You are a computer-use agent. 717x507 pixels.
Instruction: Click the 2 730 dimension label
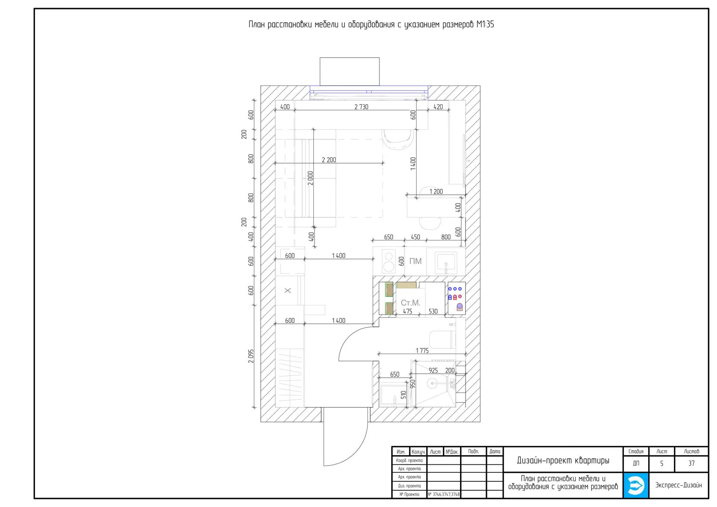(361, 107)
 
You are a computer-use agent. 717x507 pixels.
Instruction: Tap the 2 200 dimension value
(329, 160)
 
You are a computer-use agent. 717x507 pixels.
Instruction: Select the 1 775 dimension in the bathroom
(422, 351)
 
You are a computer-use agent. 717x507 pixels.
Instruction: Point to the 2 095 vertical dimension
(251, 356)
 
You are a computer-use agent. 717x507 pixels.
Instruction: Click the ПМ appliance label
(416, 261)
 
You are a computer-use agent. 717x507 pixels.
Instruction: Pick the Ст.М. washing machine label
(411, 303)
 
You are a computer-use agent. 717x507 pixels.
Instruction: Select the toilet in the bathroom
(442, 340)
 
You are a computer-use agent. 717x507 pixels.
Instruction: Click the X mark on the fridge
(288, 290)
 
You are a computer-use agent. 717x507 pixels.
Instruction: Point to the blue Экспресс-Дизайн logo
(636, 485)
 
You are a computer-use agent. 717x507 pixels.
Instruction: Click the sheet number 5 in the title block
(662, 463)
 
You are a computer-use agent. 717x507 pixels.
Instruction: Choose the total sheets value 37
(691, 463)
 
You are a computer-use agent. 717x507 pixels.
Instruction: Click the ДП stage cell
(636, 463)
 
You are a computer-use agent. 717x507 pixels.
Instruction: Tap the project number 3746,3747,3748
(444, 494)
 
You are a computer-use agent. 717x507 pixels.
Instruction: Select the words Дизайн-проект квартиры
(563, 460)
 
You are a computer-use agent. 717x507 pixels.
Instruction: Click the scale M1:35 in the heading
(485, 24)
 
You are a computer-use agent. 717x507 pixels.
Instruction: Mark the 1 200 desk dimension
(436, 191)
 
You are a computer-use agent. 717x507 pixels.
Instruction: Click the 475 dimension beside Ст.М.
(408, 311)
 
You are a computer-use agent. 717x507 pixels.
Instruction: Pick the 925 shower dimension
(433, 371)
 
